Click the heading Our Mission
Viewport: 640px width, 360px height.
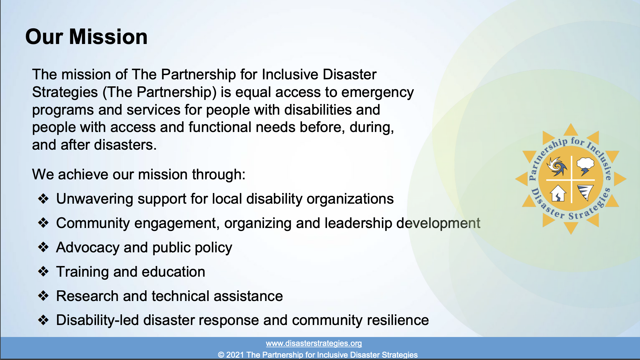[x=86, y=37]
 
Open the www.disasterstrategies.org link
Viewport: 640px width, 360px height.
[x=314, y=343]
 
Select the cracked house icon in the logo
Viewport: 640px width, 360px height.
[x=558, y=193]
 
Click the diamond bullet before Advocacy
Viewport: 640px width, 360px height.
[x=43, y=247]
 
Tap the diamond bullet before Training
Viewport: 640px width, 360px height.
[x=43, y=272]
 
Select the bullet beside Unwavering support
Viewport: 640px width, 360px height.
[x=43, y=199]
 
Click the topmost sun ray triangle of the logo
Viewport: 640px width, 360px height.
[x=571, y=130]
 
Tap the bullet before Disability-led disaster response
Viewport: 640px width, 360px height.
[x=43, y=320]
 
